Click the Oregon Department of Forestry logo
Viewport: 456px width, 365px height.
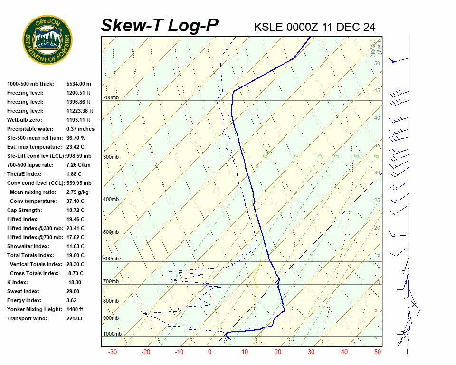(47, 39)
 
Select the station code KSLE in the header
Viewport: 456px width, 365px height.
(268, 27)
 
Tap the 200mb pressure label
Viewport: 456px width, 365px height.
(111, 98)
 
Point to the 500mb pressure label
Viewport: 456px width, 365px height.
(111, 232)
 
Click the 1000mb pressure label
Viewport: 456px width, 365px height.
(112, 334)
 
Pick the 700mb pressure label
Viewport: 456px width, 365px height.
(111, 281)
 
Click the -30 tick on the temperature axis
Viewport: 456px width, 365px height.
(113, 352)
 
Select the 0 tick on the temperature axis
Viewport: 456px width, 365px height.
(209, 352)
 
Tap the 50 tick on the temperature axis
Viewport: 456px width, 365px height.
(378, 352)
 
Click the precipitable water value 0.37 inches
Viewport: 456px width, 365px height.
(80, 129)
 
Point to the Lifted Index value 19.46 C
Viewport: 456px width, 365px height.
(75, 219)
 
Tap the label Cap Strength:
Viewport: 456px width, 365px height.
(25, 210)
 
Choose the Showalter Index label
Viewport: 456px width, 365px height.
(28, 246)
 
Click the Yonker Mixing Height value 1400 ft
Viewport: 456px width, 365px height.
(75, 309)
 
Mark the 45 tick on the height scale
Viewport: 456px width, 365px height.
(377, 91)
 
